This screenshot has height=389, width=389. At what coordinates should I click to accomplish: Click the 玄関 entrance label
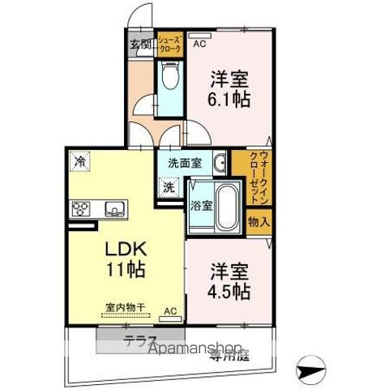(140, 44)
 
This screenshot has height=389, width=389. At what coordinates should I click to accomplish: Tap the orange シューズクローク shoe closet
(169, 44)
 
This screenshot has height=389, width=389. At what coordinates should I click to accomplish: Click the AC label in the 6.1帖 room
(199, 35)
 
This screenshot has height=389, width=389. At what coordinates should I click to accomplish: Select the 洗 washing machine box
(169, 186)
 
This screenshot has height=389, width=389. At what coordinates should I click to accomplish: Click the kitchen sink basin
(113, 210)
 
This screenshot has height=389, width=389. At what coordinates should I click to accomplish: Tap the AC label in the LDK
(170, 310)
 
